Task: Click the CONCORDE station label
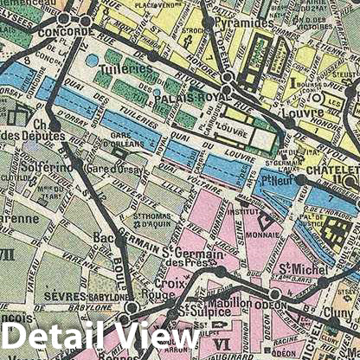[67, 32]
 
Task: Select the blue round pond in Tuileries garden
[93, 60]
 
